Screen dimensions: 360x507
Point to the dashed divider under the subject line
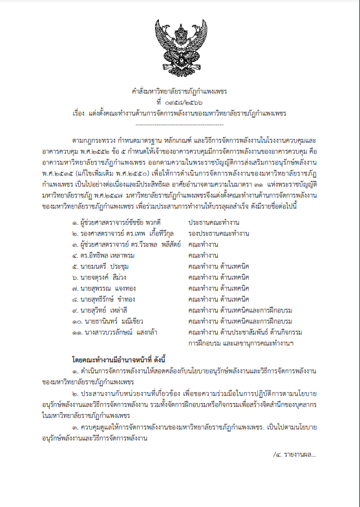180,123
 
